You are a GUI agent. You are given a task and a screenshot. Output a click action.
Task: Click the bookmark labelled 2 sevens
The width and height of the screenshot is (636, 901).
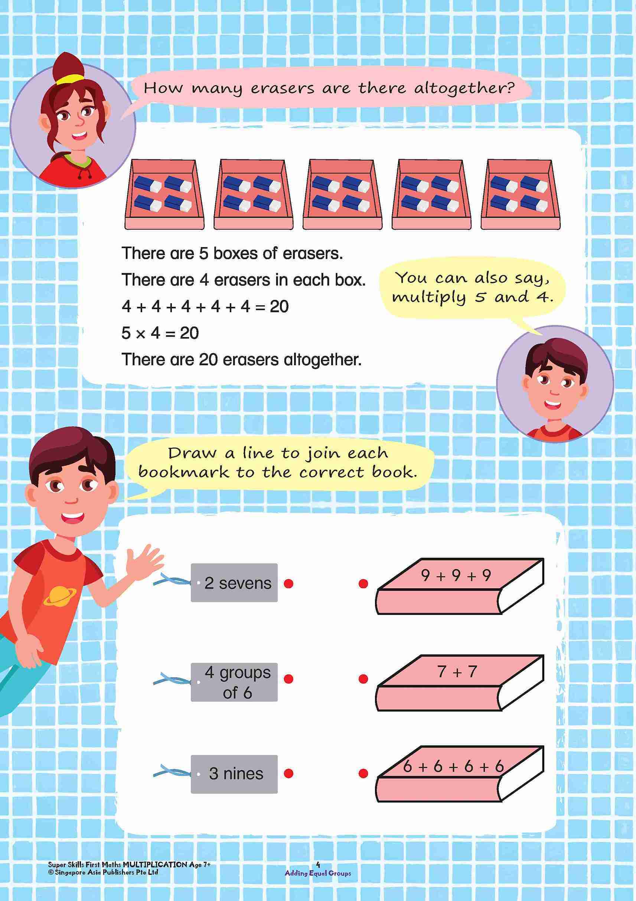[x=234, y=583]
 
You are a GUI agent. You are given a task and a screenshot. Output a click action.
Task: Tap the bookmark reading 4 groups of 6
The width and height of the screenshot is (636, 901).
[x=234, y=682]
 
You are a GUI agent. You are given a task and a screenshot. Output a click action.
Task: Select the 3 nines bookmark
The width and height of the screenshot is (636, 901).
[x=234, y=774]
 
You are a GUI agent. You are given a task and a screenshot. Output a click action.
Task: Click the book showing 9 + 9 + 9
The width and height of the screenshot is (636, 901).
[x=459, y=587]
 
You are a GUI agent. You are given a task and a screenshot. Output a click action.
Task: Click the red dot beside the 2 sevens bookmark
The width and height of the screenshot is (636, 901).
[x=288, y=584]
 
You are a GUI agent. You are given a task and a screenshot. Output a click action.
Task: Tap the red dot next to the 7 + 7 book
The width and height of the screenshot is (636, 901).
[x=363, y=679]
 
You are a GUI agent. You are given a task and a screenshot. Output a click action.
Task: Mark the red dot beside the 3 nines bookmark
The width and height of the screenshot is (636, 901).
[x=288, y=774]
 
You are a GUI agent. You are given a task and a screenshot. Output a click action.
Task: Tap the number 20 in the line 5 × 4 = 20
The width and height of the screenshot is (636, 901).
[x=189, y=333]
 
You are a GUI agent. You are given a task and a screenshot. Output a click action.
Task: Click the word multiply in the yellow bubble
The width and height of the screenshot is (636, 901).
[x=429, y=298]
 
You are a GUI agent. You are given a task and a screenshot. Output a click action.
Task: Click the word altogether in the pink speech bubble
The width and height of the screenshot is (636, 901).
[x=464, y=88]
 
